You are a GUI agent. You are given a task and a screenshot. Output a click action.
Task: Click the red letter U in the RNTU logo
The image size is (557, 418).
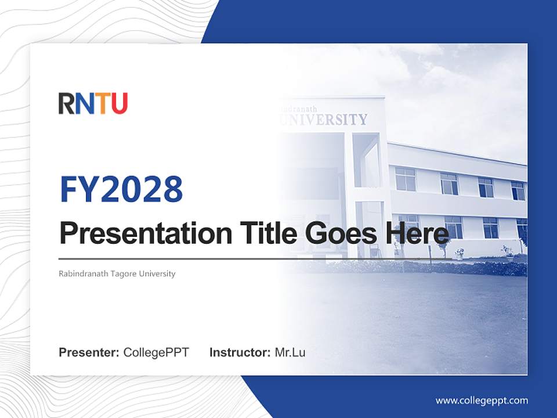118,103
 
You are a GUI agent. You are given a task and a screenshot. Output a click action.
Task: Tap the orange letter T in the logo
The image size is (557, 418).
101,103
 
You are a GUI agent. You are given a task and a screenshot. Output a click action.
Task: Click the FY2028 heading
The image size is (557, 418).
121,189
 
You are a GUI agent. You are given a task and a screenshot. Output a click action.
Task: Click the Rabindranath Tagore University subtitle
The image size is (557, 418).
117,273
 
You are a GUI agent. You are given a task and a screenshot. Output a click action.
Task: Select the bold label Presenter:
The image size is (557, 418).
89,352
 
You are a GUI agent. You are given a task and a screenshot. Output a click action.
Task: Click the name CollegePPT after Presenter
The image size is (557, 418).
156,352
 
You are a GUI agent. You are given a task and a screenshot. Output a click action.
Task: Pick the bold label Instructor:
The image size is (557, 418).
240,352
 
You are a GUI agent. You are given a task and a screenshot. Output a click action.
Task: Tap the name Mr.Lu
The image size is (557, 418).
290,352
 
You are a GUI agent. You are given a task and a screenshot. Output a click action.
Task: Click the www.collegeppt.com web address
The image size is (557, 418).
482,401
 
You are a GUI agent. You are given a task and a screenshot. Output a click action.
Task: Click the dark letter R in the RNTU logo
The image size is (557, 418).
66,103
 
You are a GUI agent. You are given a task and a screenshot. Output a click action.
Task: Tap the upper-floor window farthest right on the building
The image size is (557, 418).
518,190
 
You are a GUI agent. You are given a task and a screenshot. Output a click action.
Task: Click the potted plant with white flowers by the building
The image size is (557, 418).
460,253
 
